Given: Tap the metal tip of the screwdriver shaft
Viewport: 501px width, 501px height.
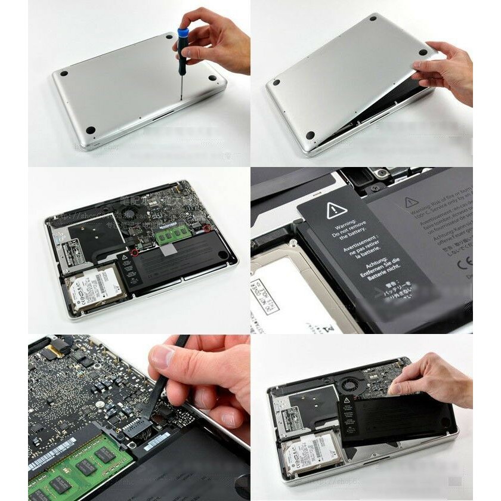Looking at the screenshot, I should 181,95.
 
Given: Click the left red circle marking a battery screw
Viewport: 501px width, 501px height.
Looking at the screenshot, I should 135,252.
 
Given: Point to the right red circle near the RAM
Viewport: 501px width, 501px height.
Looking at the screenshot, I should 206,228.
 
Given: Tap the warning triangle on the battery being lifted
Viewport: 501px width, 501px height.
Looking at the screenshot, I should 347,400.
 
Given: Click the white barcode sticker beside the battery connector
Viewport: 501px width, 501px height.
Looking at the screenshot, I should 156,442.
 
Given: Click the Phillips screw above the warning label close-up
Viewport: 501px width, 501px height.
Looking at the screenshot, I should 375,188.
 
